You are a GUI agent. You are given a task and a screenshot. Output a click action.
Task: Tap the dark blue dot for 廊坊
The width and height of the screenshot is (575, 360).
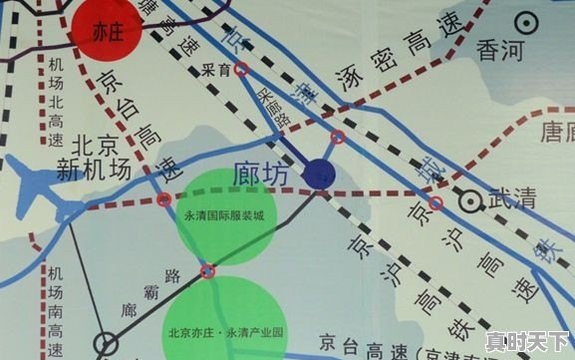[x=319, y=174]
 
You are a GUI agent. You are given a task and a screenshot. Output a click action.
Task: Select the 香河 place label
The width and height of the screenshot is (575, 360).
[x=500, y=47]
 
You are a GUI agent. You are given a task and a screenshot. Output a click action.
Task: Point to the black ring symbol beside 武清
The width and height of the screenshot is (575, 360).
[x=467, y=199]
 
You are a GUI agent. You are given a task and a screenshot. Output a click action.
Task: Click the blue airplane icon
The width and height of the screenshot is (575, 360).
[x=46, y=192]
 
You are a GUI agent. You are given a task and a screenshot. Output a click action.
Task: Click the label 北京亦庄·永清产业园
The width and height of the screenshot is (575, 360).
[x=224, y=330]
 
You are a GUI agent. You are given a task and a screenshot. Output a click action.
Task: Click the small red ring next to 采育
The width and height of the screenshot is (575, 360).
[x=242, y=70]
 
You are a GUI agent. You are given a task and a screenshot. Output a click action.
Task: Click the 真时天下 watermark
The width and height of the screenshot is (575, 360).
[x=527, y=341]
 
